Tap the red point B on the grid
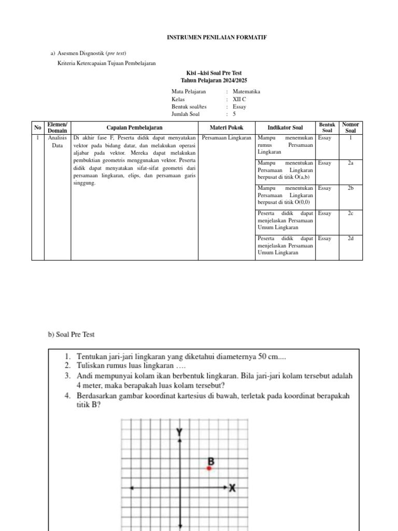click(209, 468)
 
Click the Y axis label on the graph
click(179, 432)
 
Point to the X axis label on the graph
click(233, 488)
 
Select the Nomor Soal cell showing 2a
click(351, 163)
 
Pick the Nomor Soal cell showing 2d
click(351, 239)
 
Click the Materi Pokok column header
click(226, 128)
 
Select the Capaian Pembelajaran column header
click(134, 128)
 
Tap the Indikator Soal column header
click(285, 128)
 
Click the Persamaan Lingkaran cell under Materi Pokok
click(226, 138)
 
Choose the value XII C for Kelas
click(239, 99)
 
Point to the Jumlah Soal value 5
click(235, 114)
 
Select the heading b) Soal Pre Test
click(72, 334)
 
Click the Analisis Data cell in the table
click(57, 142)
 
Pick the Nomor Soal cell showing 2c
click(351, 213)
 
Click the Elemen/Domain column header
click(57, 128)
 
